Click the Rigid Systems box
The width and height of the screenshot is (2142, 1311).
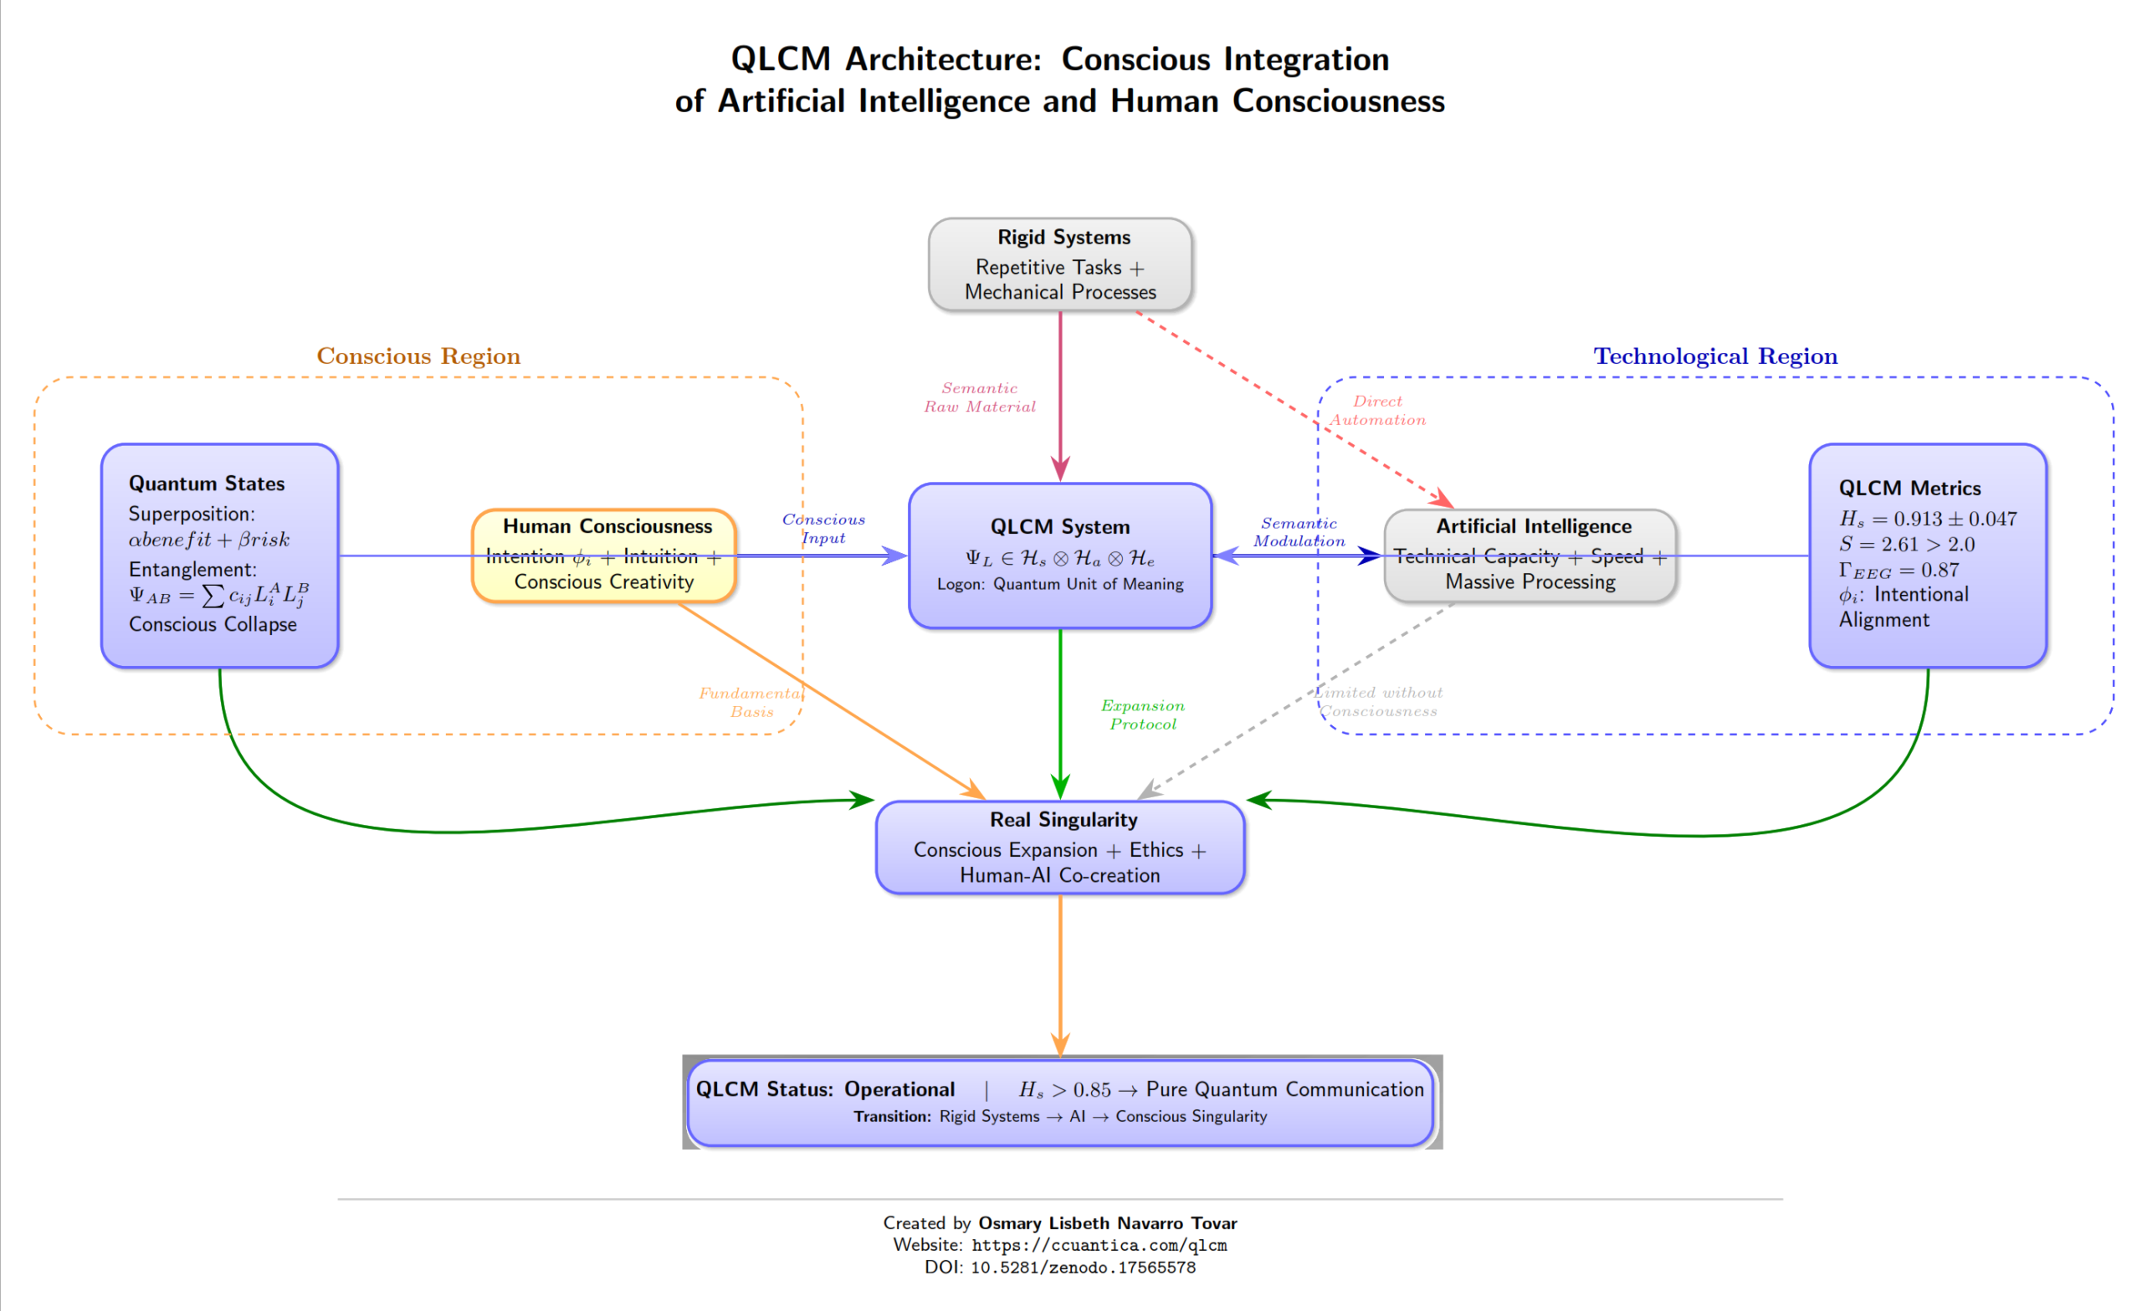[1059, 264]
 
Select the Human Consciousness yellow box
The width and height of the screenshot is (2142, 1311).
[604, 555]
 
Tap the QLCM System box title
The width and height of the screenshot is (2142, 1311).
[1059, 527]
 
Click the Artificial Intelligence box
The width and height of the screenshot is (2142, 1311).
[1530, 555]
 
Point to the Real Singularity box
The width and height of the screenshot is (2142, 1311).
[1059, 848]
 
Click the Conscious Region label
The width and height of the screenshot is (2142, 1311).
[418, 356]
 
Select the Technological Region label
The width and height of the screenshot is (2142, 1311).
[1715, 356]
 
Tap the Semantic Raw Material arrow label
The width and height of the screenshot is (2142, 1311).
[980, 397]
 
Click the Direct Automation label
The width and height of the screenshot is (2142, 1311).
[1378, 410]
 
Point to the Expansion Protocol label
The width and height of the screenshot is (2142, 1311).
[1142, 714]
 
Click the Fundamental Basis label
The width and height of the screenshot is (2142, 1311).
[751, 703]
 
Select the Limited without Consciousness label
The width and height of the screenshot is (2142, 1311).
[1378, 702]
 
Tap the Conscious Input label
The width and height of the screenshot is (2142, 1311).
[823, 529]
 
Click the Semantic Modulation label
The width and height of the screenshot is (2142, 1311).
[1299, 532]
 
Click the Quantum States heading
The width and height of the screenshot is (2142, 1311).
[206, 484]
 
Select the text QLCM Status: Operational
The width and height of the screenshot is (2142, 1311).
[825, 1089]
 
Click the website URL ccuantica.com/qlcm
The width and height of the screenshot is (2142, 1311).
[1099, 1245]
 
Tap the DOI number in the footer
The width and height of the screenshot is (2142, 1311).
[1083, 1267]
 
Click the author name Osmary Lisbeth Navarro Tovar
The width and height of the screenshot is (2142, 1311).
[1107, 1223]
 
